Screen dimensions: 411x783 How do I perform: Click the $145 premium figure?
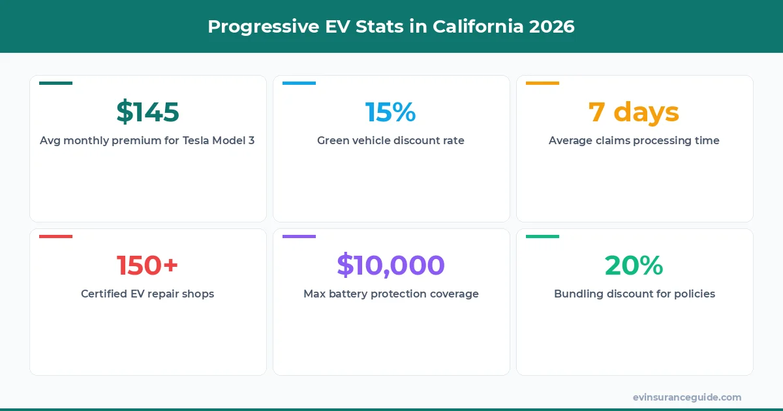pyautogui.click(x=147, y=112)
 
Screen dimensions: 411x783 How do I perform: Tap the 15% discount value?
pyautogui.click(x=390, y=112)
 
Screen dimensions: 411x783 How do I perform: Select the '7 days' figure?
pyautogui.click(x=634, y=112)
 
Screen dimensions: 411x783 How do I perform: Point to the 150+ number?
pyautogui.click(x=147, y=266)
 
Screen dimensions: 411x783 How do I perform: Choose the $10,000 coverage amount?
pyautogui.click(x=390, y=266)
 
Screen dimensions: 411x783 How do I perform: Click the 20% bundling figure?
pyautogui.click(x=634, y=266)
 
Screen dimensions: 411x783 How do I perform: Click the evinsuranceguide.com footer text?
pyautogui.click(x=686, y=397)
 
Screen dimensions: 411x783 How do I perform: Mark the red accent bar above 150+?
pyautogui.click(x=55, y=236)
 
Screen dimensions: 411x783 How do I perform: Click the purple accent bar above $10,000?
pyautogui.click(x=299, y=236)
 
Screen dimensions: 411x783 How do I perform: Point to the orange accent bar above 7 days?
pyautogui.click(x=542, y=83)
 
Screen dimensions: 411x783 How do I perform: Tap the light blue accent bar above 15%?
pyautogui.click(x=299, y=83)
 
